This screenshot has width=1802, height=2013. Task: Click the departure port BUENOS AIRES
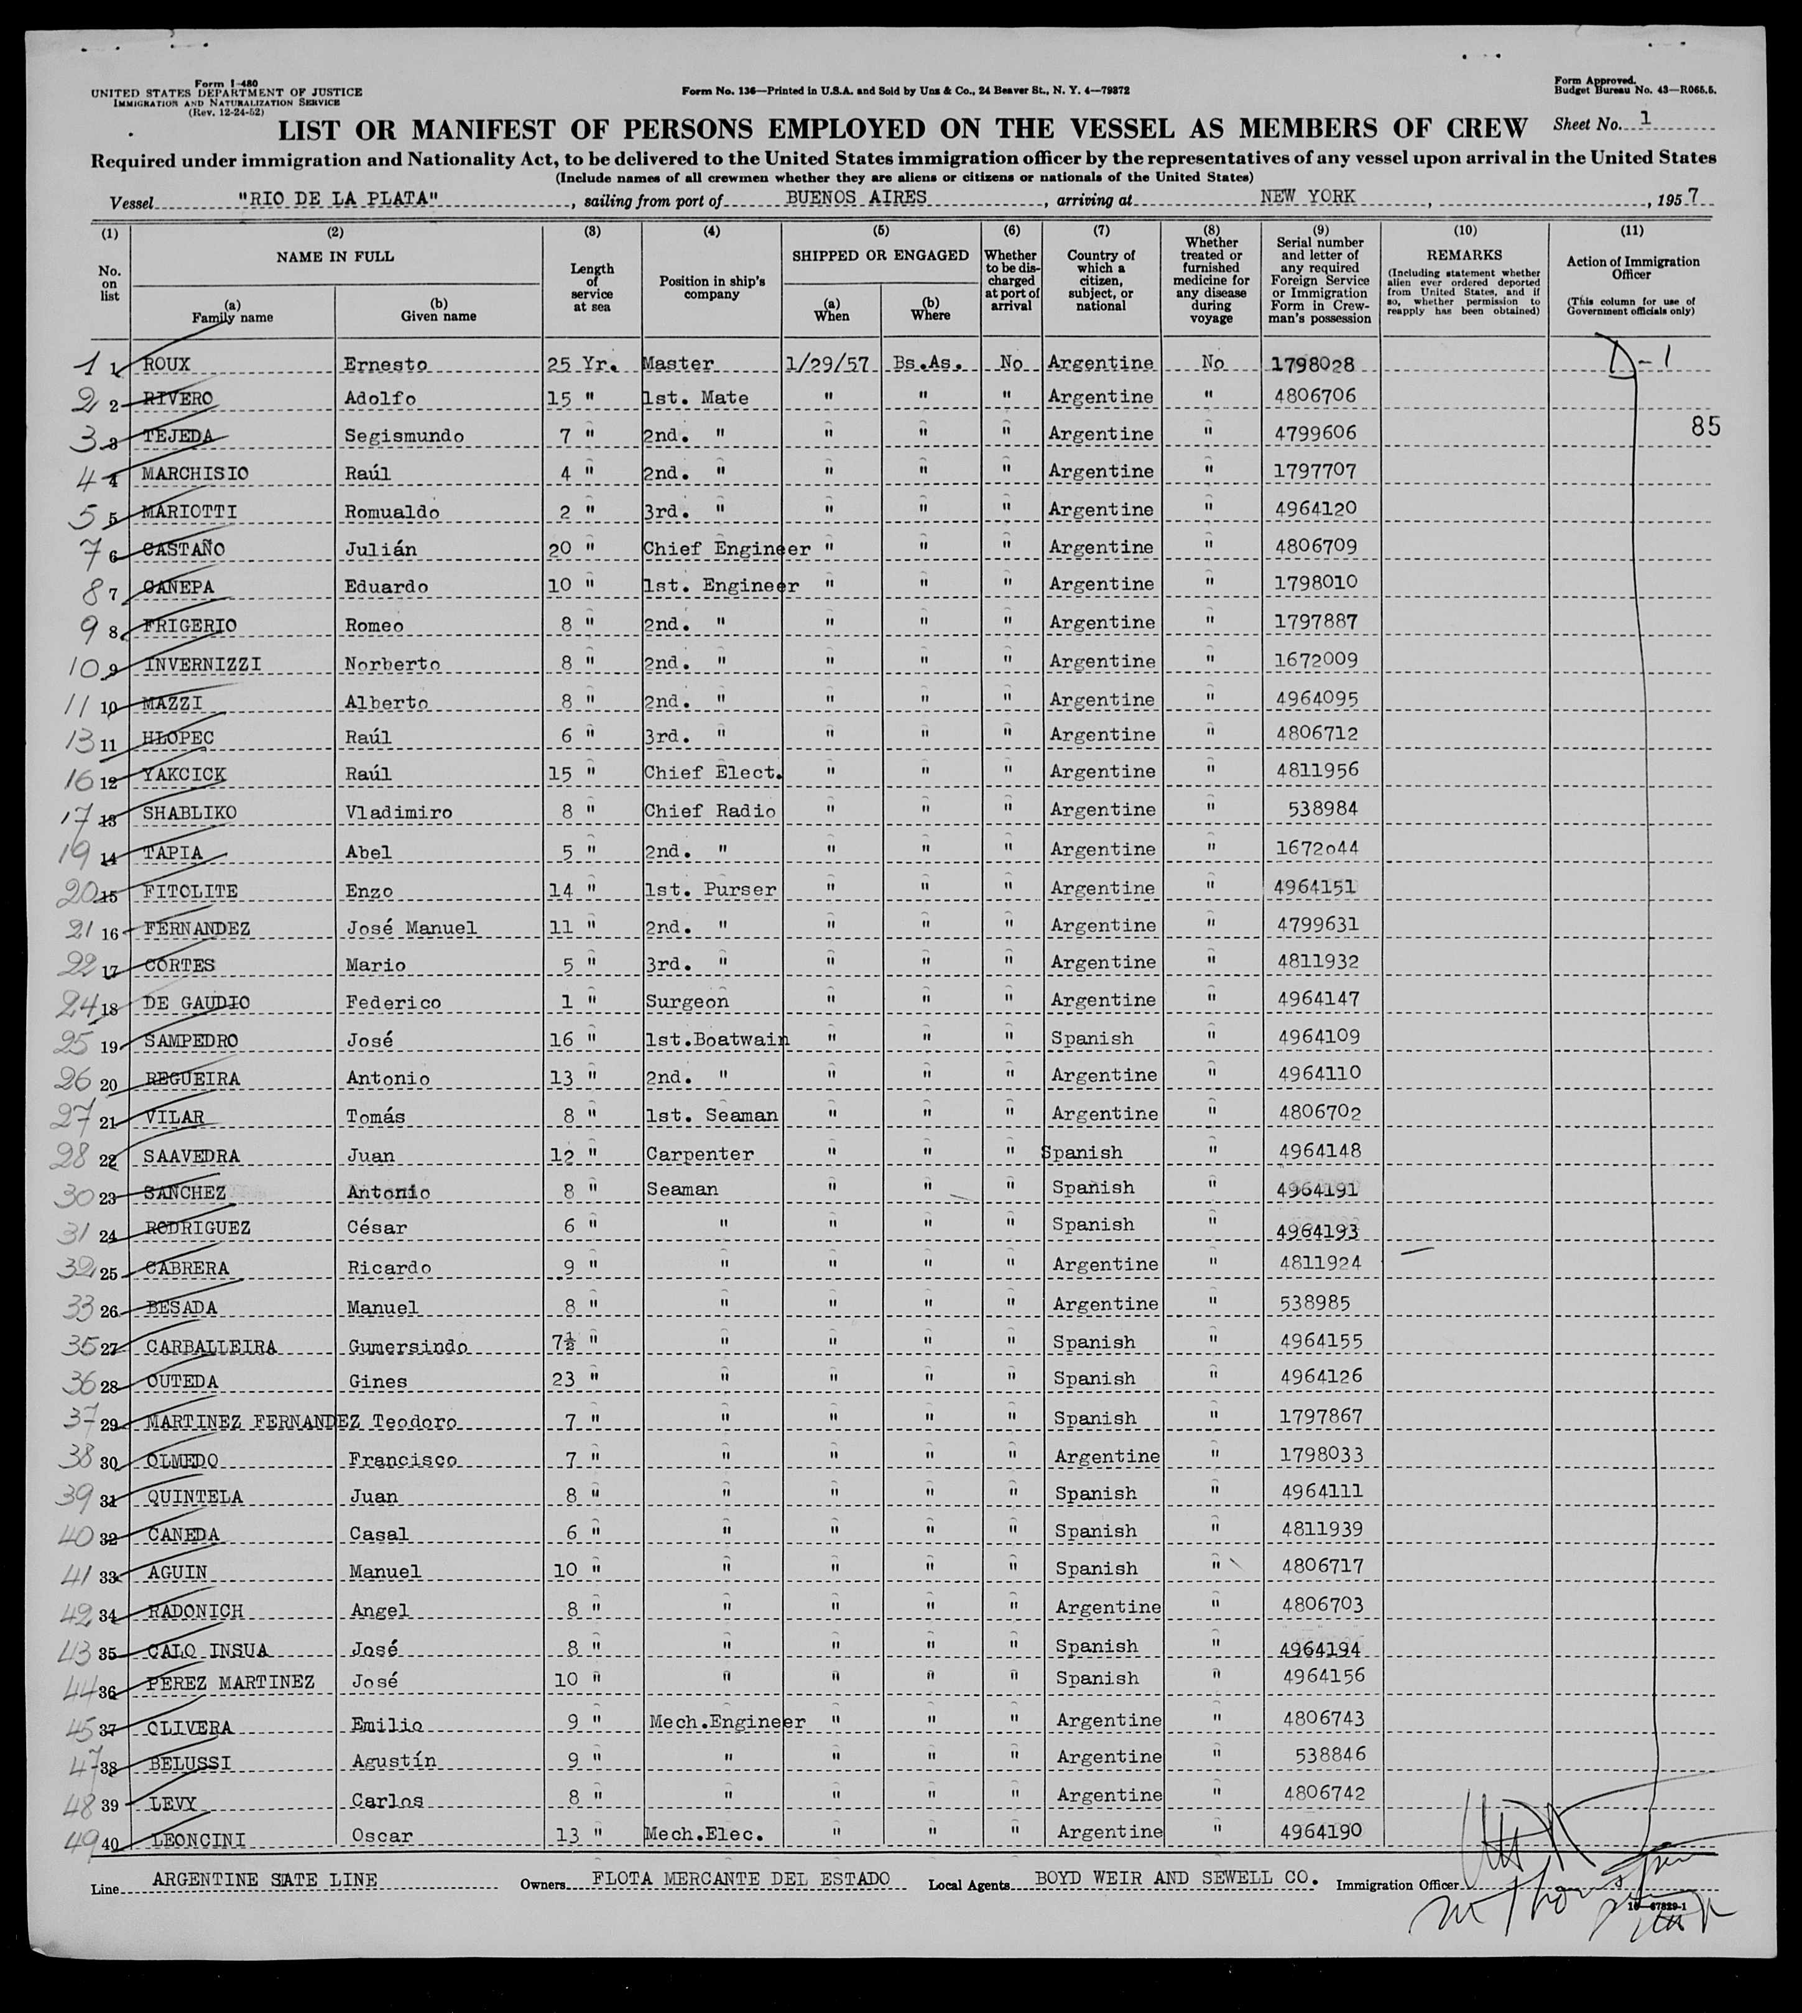tap(856, 197)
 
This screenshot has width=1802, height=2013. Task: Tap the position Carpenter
tap(699, 1154)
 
